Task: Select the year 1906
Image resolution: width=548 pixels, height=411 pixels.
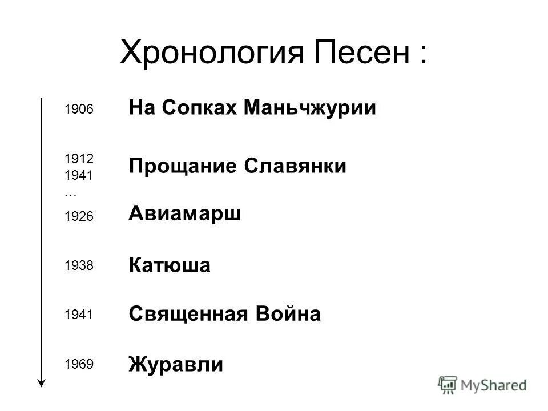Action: (78, 109)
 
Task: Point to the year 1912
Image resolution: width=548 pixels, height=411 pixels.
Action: (78, 157)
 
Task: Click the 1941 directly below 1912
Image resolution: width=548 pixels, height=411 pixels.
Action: (78, 175)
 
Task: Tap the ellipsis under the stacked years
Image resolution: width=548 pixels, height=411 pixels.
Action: (71, 193)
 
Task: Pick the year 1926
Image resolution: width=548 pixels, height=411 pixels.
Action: (78, 216)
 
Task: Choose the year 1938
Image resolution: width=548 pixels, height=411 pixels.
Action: (78, 265)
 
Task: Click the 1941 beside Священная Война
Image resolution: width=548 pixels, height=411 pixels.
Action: (78, 315)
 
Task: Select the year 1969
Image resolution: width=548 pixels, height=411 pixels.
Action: (78, 364)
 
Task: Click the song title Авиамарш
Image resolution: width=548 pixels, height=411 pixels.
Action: (185, 214)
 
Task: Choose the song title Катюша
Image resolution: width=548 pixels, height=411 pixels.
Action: (170, 265)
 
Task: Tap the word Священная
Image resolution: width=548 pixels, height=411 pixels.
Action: (188, 314)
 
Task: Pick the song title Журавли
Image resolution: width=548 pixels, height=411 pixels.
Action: (176, 364)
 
